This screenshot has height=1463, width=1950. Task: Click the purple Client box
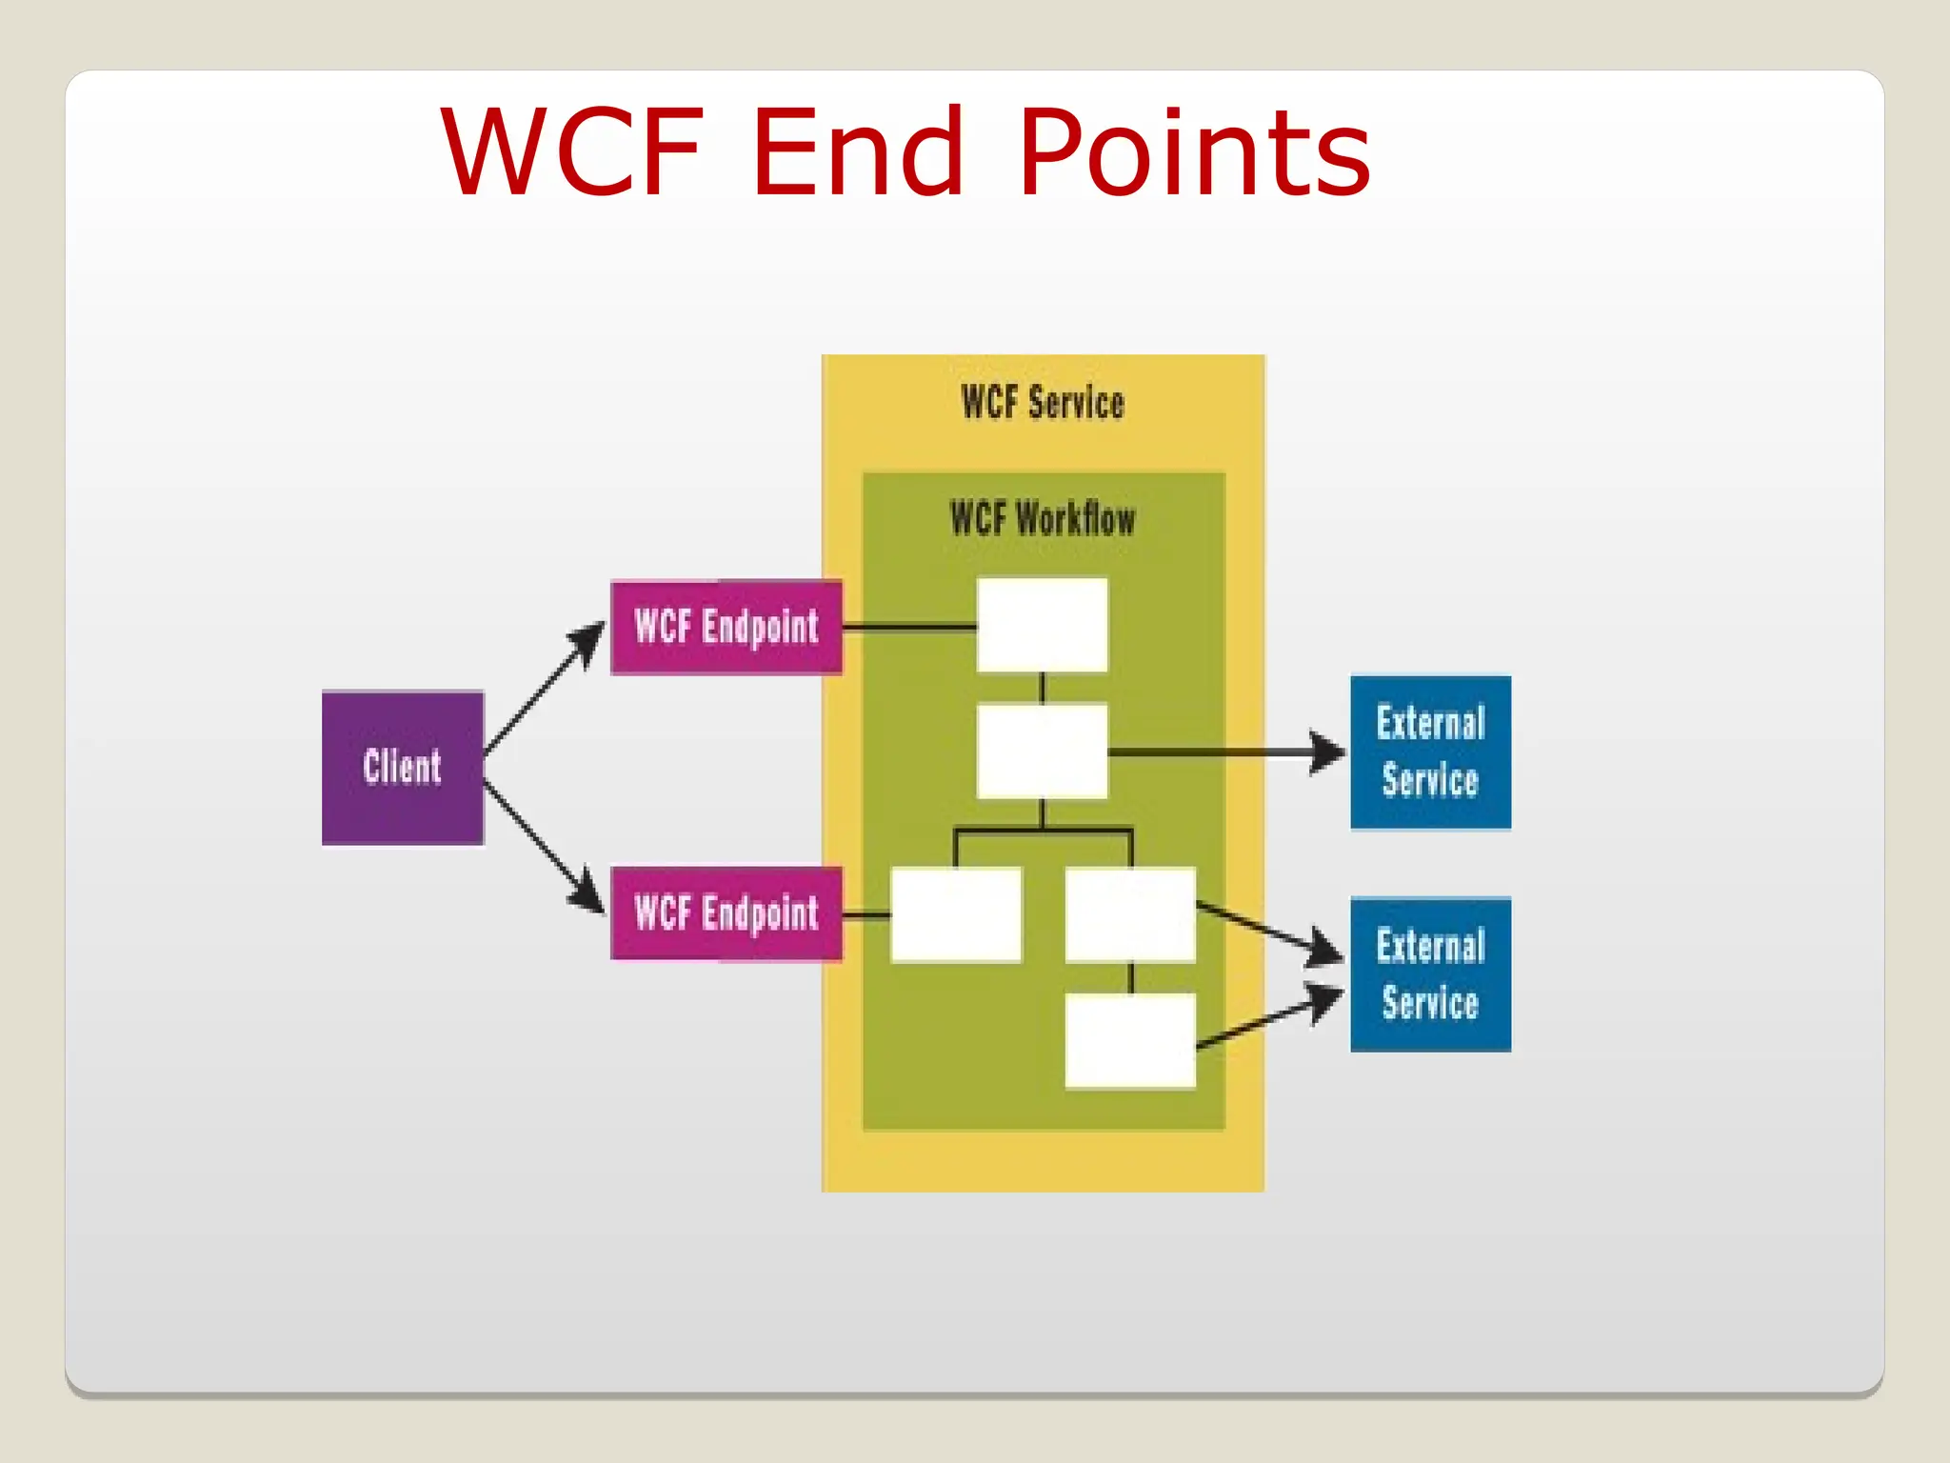(x=403, y=768)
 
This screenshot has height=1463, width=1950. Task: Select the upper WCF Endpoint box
(x=726, y=628)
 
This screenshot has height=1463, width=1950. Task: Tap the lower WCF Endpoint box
(x=726, y=913)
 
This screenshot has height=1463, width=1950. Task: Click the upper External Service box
(x=1430, y=752)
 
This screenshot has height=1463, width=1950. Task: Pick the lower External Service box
(x=1430, y=974)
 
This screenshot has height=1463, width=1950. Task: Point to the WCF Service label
(x=1043, y=403)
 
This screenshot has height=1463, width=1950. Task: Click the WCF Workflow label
(x=1043, y=520)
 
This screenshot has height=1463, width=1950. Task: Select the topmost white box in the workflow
(x=1043, y=625)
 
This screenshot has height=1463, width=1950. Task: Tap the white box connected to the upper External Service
(x=1043, y=752)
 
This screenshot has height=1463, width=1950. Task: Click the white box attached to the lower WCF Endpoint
(x=956, y=914)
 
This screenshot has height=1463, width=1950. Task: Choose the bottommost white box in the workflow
(x=1130, y=1040)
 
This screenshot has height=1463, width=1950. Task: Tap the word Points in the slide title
(x=1195, y=152)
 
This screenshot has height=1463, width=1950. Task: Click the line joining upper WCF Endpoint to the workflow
(x=909, y=628)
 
